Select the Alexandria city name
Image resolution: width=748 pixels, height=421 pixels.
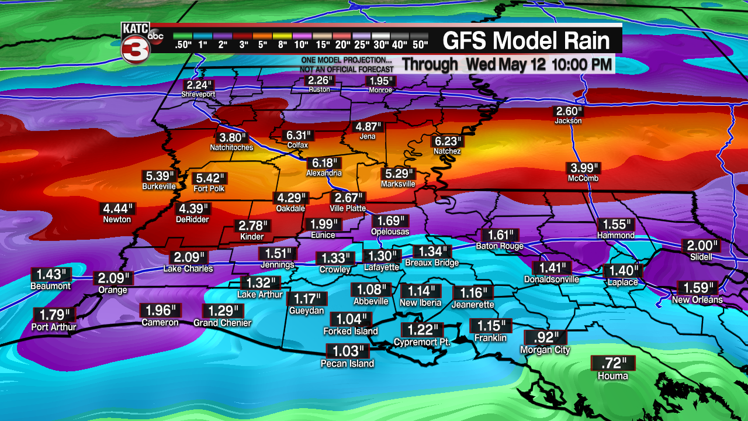tap(324, 174)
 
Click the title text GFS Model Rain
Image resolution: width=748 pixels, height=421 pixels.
tap(526, 40)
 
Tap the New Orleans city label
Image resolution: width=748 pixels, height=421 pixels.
tap(697, 300)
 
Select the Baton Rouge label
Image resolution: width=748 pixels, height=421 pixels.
tap(500, 246)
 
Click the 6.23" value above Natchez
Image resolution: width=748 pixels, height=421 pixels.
tap(448, 142)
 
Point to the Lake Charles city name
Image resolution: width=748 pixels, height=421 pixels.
tap(188, 269)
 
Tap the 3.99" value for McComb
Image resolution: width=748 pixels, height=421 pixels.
tap(583, 168)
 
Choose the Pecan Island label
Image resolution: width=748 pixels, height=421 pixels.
tap(347, 364)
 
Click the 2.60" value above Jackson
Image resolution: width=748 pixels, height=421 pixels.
tap(568, 111)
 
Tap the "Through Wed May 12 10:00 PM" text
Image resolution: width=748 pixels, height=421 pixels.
tap(507, 64)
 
